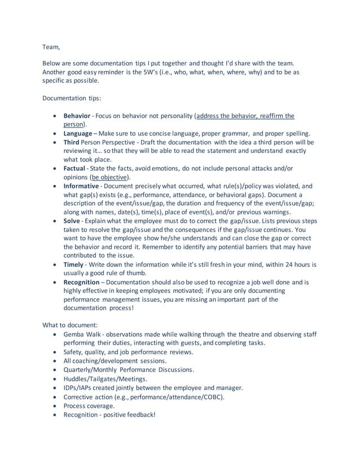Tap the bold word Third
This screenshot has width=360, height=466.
(73, 142)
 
